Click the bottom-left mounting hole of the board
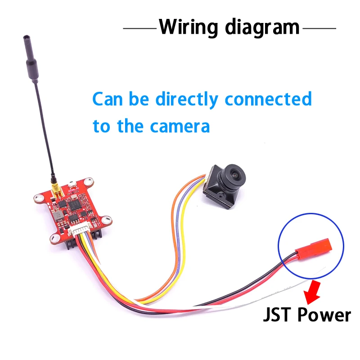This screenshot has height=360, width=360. click(x=55, y=238)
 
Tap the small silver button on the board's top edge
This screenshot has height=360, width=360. click(x=72, y=184)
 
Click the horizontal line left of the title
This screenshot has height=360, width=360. click(x=140, y=28)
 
